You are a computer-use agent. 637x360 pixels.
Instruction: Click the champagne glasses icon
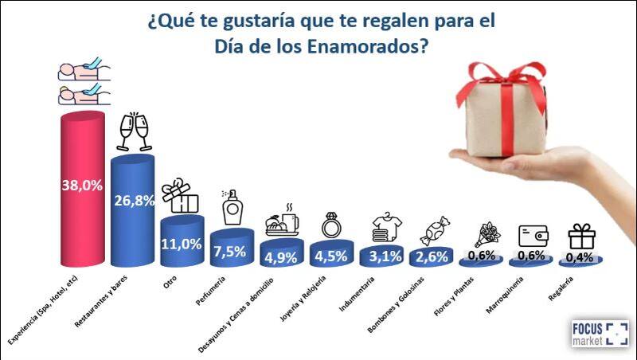point(133,132)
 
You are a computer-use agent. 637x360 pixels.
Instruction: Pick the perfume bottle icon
point(233,209)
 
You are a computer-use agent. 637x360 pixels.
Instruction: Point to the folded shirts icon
point(381,229)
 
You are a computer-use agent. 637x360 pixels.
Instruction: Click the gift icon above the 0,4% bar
point(580,236)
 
